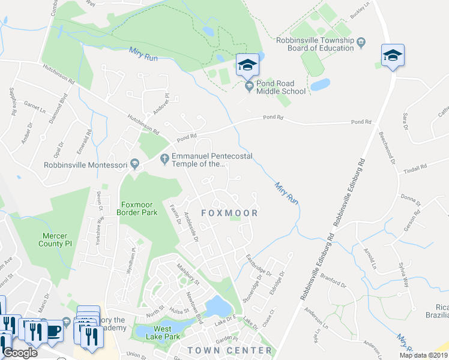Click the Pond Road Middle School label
point(281,87)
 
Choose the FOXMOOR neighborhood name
point(229,213)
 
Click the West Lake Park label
point(163,332)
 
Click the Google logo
point(20,353)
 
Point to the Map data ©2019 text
point(424,355)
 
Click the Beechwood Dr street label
point(387,148)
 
